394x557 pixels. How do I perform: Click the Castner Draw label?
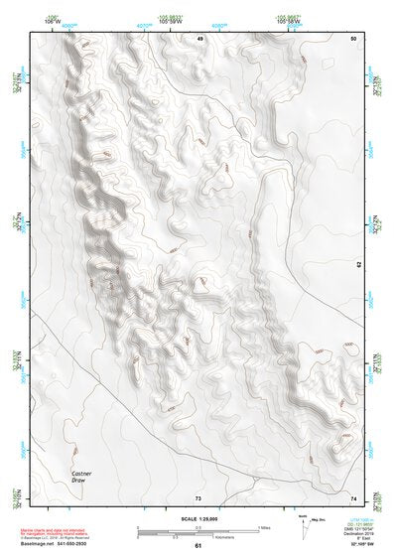[82, 478]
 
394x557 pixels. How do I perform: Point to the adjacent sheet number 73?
[198, 496]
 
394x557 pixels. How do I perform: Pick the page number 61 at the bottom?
[198, 546]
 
